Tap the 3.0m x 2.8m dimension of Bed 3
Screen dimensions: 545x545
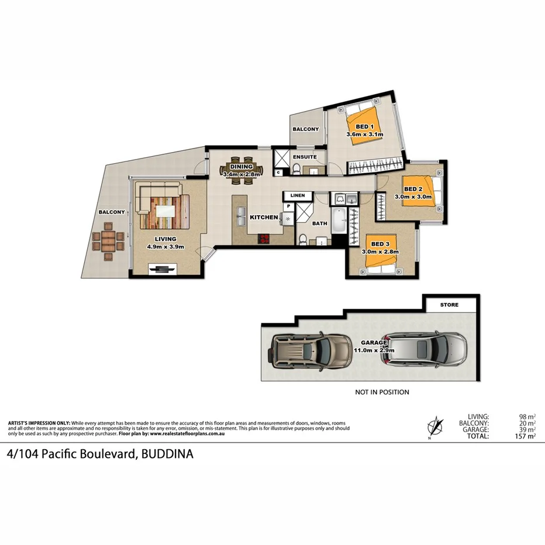point(380,251)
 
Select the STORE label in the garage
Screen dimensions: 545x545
point(450,305)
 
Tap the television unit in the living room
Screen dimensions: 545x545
point(162,268)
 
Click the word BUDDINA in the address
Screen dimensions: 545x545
point(166,454)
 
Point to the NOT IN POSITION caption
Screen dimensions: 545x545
point(382,392)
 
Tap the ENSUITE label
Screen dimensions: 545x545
point(305,157)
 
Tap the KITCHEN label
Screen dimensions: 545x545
point(264,217)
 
